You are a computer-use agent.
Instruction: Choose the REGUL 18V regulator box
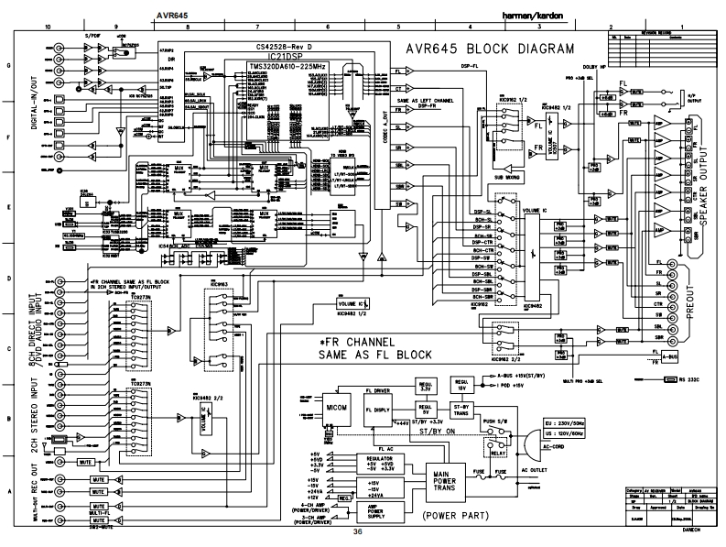(x=462, y=380)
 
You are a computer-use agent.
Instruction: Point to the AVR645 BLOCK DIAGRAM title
(x=482, y=49)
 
